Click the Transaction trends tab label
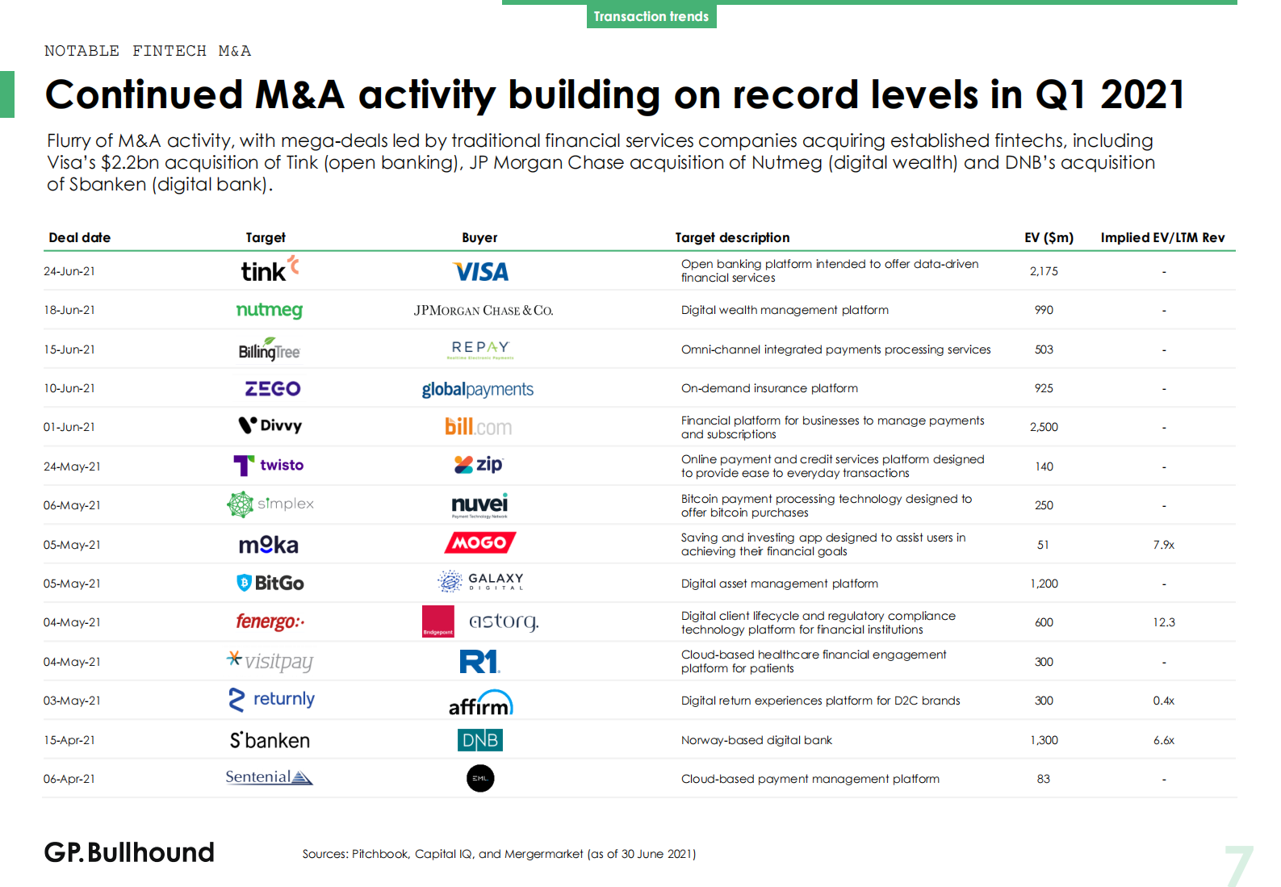(x=651, y=16)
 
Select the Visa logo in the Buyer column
(x=480, y=272)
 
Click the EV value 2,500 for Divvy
(x=1044, y=427)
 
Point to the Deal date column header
(x=79, y=237)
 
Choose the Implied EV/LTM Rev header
(x=1162, y=237)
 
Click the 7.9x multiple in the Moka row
(x=1163, y=545)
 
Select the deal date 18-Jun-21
(x=69, y=310)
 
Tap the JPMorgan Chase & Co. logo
(x=483, y=311)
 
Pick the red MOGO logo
(x=479, y=542)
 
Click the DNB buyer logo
(x=479, y=740)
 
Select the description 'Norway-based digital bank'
(x=756, y=740)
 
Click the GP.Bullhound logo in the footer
(x=129, y=852)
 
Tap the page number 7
(x=1238, y=866)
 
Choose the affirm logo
(x=480, y=703)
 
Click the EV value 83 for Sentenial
(x=1043, y=779)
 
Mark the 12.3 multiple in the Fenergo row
(x=1163, y=622)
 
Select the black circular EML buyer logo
(x=480, y=778)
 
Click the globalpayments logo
(x=477, y=389)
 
